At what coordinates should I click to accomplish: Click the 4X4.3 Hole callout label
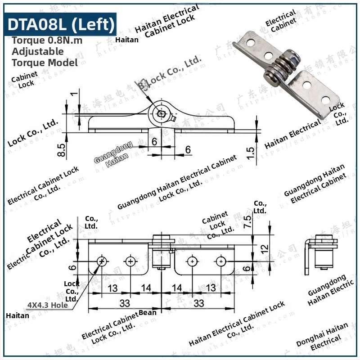48,305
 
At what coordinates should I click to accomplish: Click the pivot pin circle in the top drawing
161,114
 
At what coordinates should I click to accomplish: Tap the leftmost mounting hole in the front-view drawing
102,261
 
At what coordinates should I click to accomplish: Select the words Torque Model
45,63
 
